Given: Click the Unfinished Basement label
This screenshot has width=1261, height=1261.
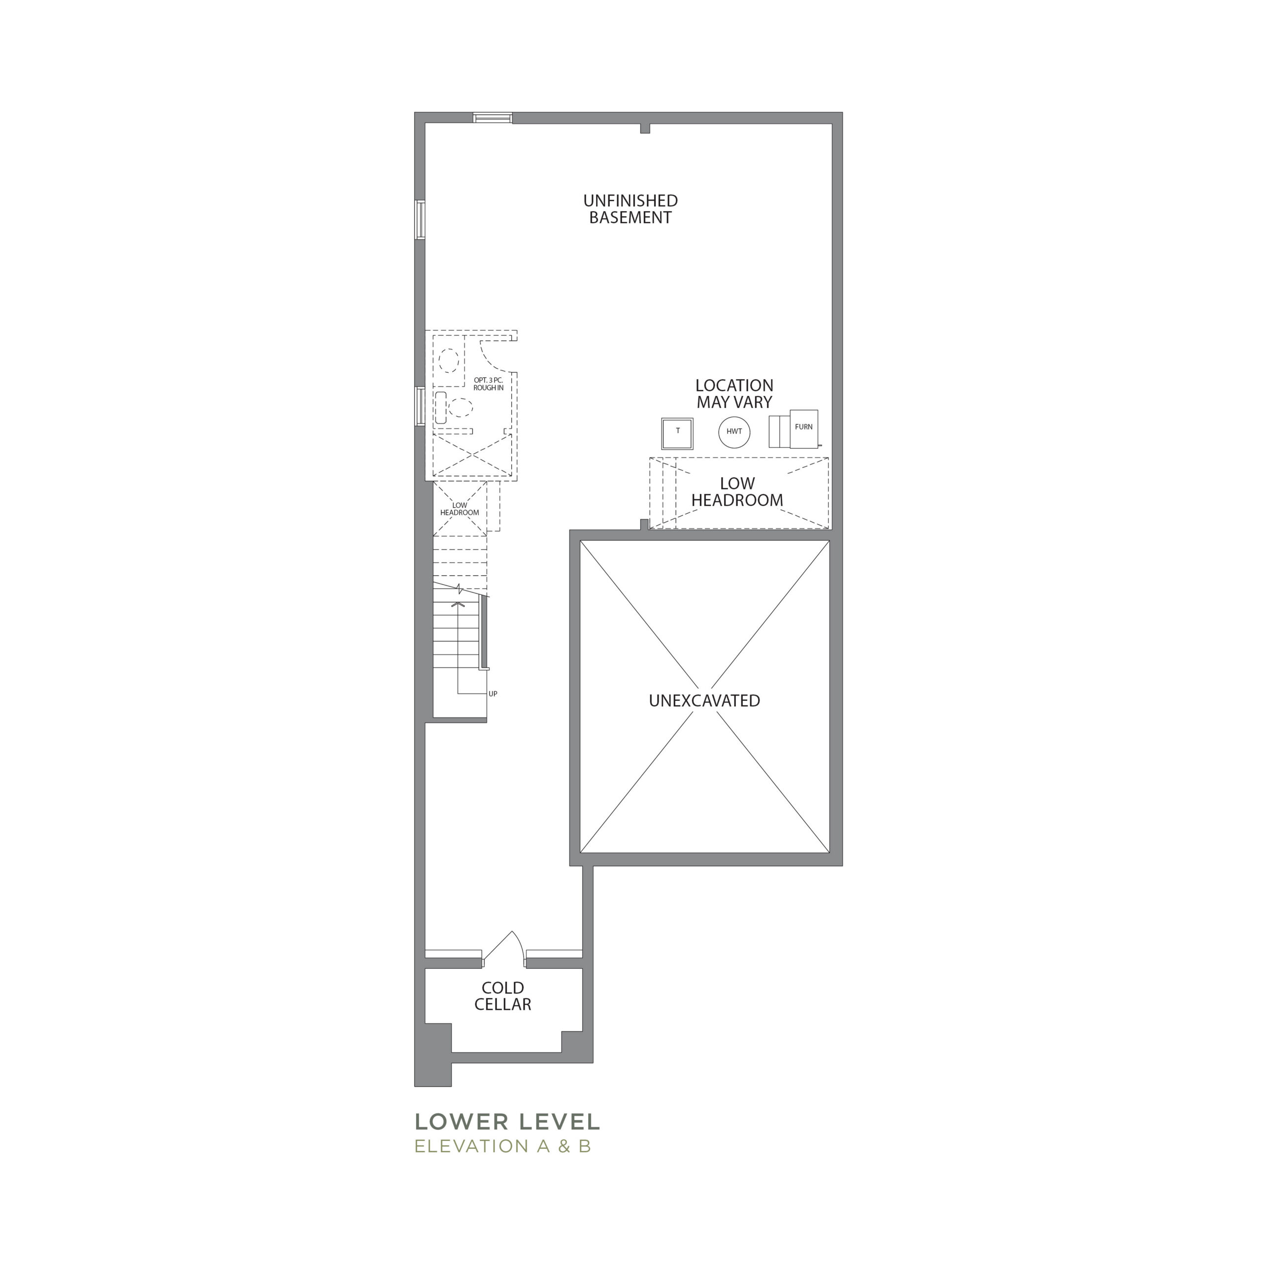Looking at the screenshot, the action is click(x=630, y=209).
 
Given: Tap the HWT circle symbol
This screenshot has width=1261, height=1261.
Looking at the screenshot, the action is click(x=734, y=431).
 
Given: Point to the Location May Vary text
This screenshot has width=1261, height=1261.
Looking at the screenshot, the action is click(x=734, y=394).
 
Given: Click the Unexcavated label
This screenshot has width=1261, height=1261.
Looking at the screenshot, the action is click(x=704, y=701).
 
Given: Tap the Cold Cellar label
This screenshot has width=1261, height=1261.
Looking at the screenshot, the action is click(x=502, y=996).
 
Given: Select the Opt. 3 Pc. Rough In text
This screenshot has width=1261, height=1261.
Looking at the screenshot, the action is click(x=488, y=384).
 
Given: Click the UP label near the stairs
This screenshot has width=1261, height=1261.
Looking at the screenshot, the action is click(x=493, y=694).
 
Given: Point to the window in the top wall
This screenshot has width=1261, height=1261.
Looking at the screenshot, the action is click(x=493, y=118).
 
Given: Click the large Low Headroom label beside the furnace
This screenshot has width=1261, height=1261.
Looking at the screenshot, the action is click(x=737, y=492).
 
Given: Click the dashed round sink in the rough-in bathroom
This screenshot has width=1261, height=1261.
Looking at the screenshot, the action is click(x=448, y=360).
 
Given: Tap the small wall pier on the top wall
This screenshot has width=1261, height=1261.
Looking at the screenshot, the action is click(x=645, y=129).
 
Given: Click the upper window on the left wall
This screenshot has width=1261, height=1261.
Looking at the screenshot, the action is click(x=420, y=220).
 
